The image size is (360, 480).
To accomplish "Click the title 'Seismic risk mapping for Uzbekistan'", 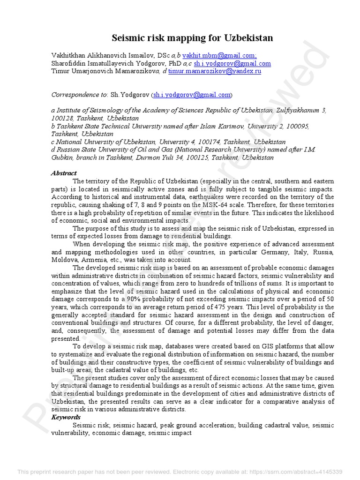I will click(192, 38).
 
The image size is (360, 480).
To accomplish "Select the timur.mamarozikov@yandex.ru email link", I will click(215, 71).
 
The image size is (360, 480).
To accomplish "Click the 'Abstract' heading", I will click(64, 173).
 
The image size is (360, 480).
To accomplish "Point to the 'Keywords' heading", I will click(66, 417).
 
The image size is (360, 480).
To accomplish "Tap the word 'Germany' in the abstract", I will click(287, 252).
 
